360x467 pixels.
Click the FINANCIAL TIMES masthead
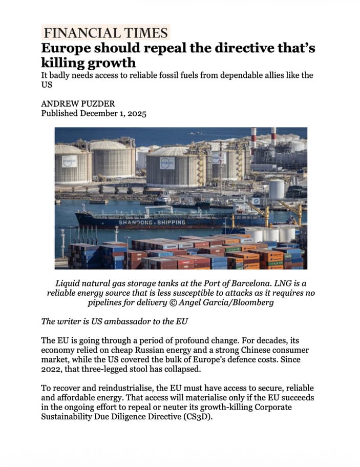[106, 33]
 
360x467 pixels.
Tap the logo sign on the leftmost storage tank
[69, 161]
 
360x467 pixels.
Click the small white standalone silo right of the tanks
[277, 189]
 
